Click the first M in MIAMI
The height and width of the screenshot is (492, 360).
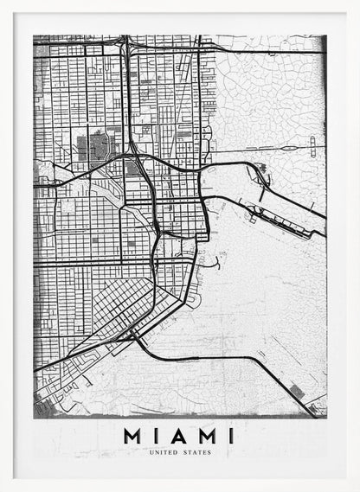click(x=133, y=436)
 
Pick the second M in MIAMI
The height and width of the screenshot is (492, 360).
click(x=207, y=436)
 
